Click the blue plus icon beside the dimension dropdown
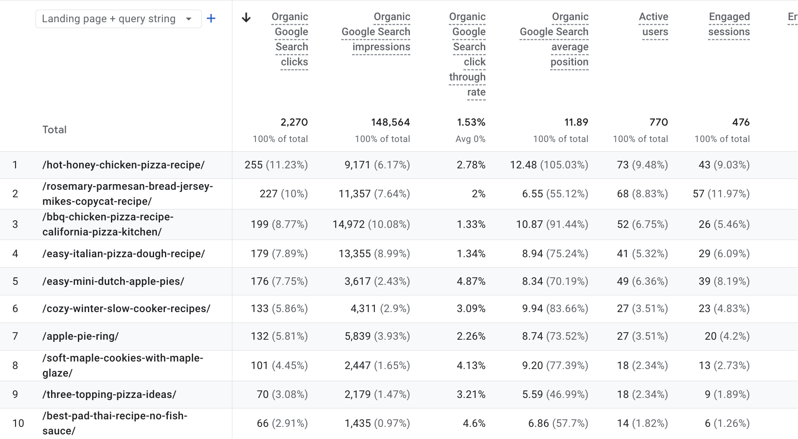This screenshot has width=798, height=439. point(211,18)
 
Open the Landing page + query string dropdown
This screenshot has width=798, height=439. point(118,19)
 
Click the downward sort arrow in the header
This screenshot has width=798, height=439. point(246,18)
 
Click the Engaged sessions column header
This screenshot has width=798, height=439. point(728,24)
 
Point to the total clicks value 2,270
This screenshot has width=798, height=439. point(294,122)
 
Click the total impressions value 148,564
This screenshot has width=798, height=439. point(390,122)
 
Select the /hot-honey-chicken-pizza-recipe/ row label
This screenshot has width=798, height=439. point(124,165)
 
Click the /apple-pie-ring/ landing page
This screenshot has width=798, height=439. point(80,336)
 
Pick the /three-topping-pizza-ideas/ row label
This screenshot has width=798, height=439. point(109,395)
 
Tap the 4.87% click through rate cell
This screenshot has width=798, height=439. point(471,281)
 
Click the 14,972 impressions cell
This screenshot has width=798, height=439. point(371,225)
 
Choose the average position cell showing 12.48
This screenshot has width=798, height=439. point(549,165)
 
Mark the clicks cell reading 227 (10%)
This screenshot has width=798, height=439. point(283,194)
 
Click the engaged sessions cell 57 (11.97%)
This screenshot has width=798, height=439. point(721,194)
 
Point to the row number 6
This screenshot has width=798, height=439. point(15,309)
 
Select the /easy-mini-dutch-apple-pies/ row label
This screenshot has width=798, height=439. point(113,281)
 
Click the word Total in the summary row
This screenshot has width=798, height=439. point(54,130)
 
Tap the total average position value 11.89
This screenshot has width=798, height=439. point(576,122)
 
